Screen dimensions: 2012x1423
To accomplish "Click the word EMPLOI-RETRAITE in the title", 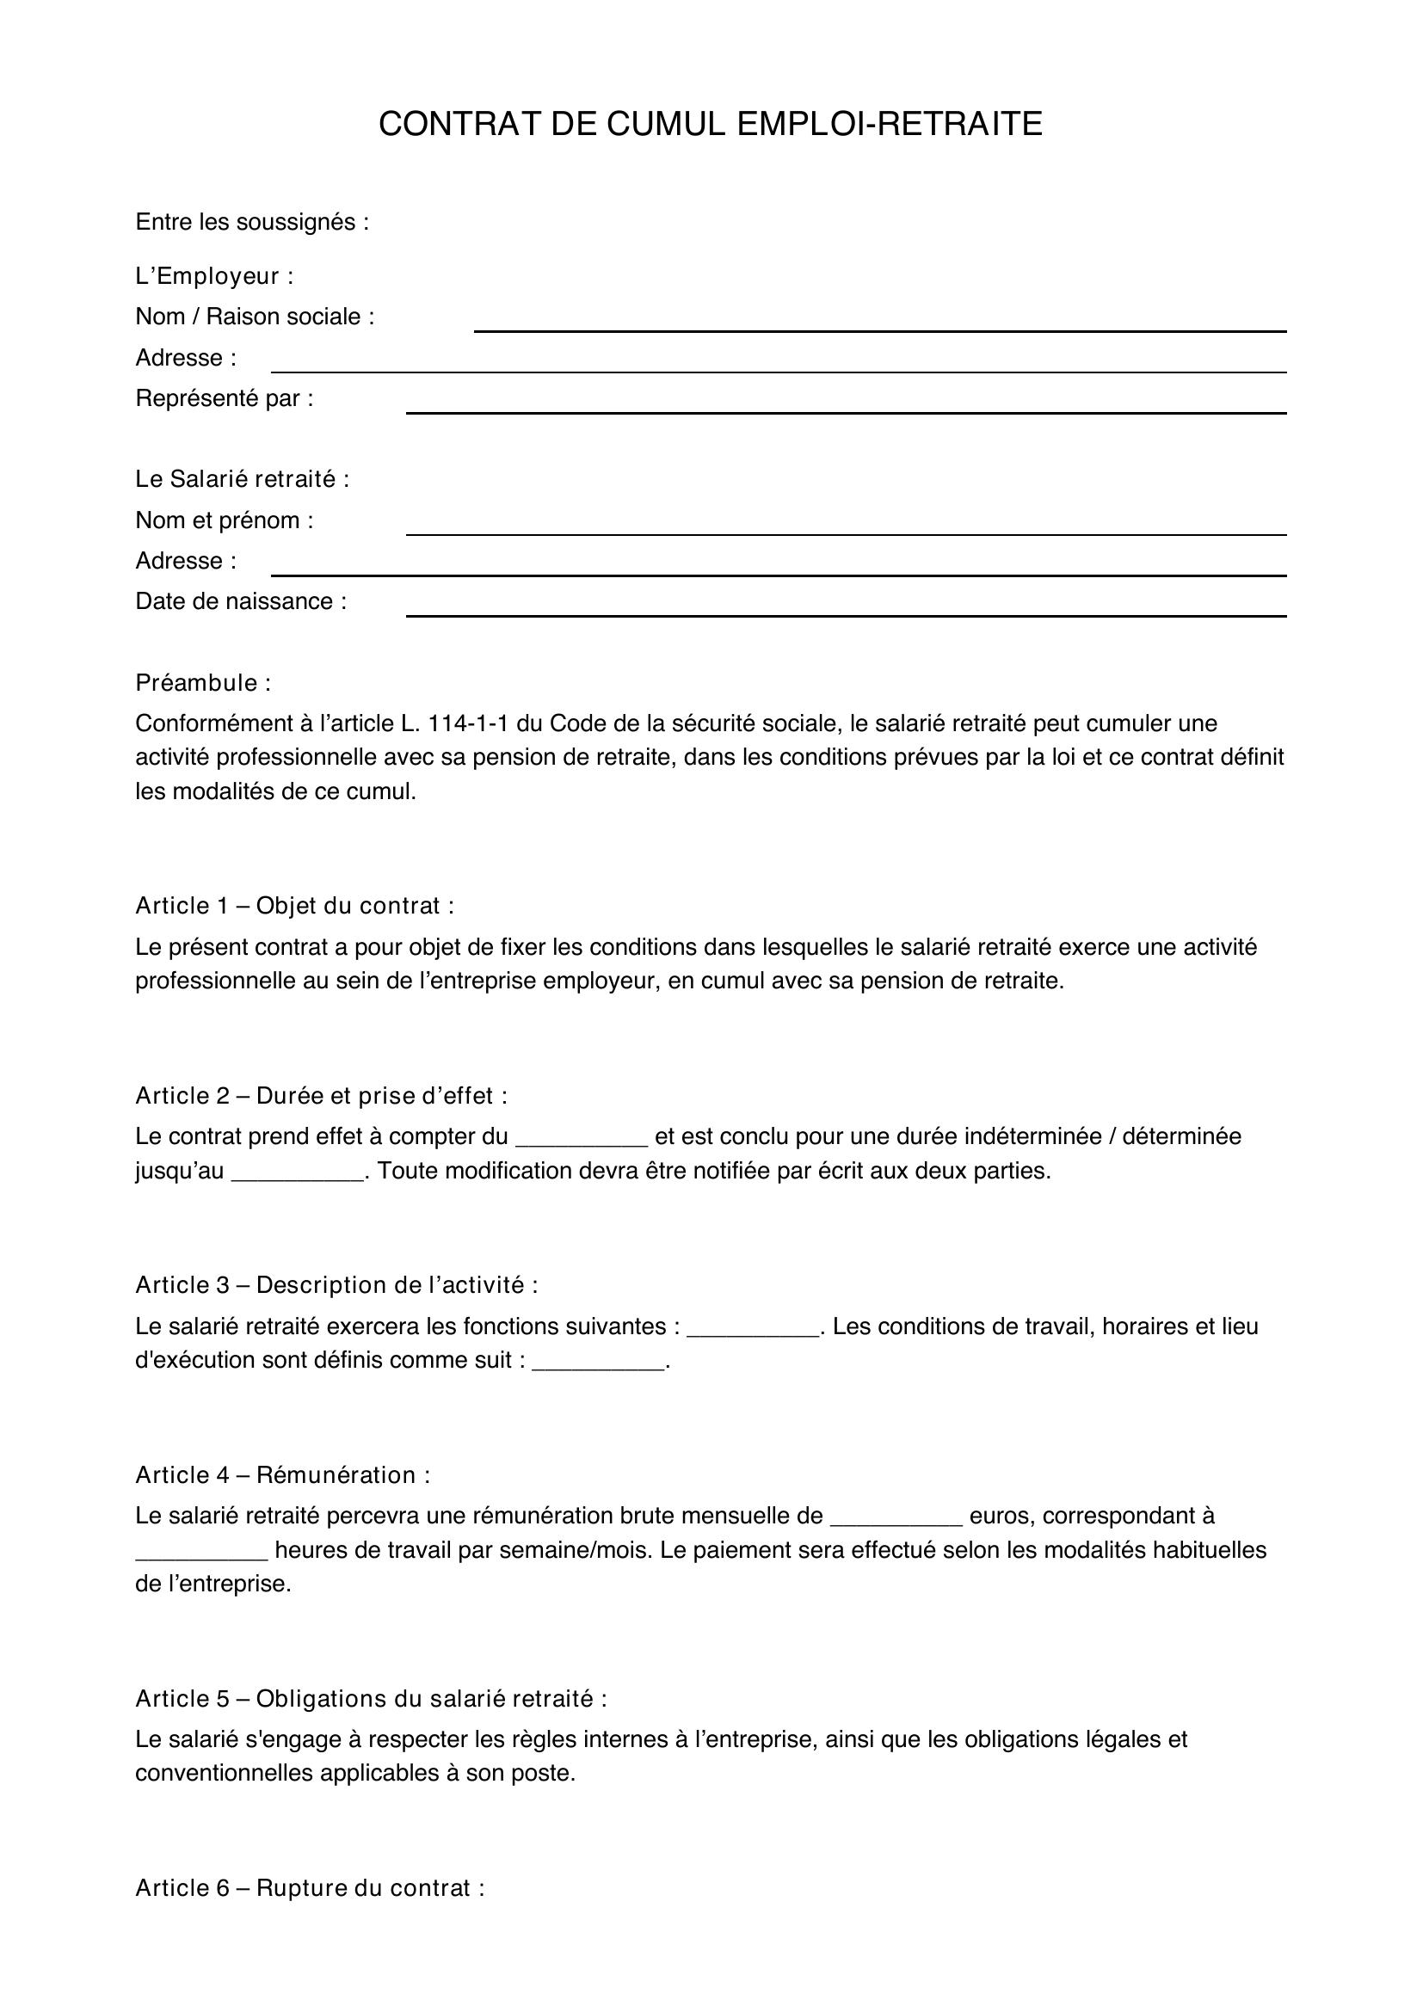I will pos(890,125).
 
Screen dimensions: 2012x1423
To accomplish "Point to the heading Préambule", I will pos(203,683).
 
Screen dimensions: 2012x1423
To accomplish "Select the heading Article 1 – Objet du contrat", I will pos(294,906).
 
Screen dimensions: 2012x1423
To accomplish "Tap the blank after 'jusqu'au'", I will pos(297,1173).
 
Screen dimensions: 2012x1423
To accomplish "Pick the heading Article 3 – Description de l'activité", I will pos(336,1285).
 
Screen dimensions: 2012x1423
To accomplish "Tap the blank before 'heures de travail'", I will pos(201,1553).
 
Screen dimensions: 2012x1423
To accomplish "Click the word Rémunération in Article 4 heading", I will pos(336,1476).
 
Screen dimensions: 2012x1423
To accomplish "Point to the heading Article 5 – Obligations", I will pos(371,1699).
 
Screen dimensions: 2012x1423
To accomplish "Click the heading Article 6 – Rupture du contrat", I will pos(310,1888).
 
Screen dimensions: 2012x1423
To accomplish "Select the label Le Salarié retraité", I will pos(242,479).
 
